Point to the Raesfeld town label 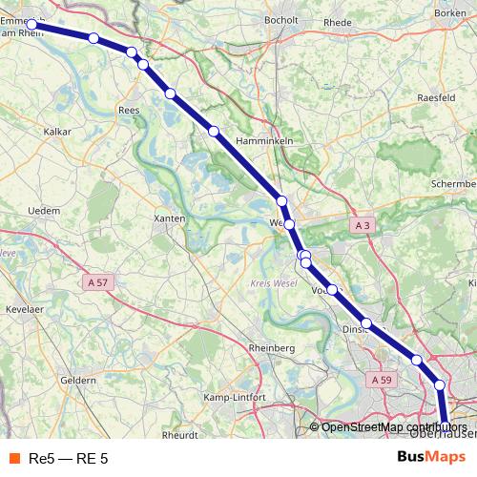[440, 97]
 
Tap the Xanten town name [169, 218]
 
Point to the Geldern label [78, 380]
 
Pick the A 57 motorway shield [97, 282]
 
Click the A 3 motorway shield [361, 226]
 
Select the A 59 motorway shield [382, 380]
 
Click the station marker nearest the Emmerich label [31, 26]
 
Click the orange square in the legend [14, 458]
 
